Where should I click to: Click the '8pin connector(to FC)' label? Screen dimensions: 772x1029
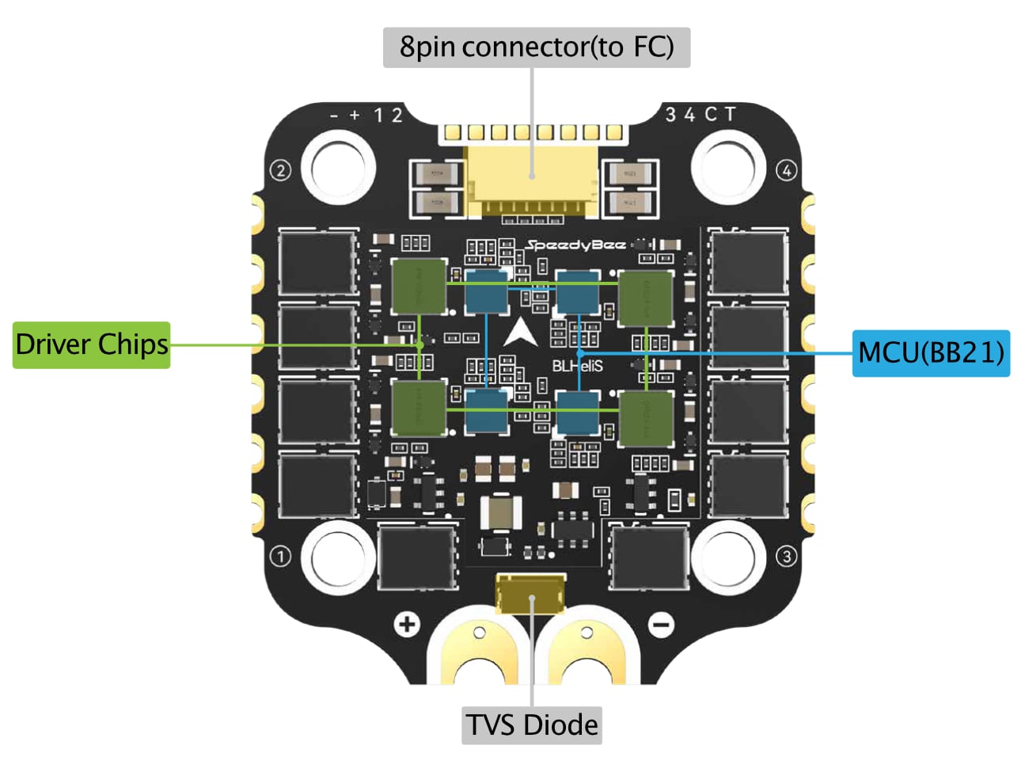tap(537, 48)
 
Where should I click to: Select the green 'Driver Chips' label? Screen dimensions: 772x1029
tap(92, 344)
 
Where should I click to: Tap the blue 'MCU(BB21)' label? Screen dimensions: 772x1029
tap(931, 352)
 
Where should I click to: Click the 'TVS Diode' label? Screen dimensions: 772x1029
tap(532, 724)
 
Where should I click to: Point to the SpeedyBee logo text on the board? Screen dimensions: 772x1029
tap(576, 245)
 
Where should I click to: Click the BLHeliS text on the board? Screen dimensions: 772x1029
tap(577, 366)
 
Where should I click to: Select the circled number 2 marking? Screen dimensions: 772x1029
tap(280, 170)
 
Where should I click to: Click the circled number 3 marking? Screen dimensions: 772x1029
tap(786, 557)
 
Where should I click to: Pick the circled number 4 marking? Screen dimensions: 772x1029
tap(786, 170)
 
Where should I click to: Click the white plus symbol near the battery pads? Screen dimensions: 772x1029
tap(407, 625)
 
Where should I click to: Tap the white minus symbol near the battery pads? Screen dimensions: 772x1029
tap(661, 625)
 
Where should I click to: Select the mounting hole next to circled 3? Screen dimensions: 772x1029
tap(723, 553)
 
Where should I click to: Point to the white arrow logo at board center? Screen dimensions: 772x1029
tap(520, 333)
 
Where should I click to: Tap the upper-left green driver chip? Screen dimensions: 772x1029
tap(419, 286)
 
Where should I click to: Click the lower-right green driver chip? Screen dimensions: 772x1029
tap(646, 418)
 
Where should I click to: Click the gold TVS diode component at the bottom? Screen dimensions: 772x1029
tap(530, 594)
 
